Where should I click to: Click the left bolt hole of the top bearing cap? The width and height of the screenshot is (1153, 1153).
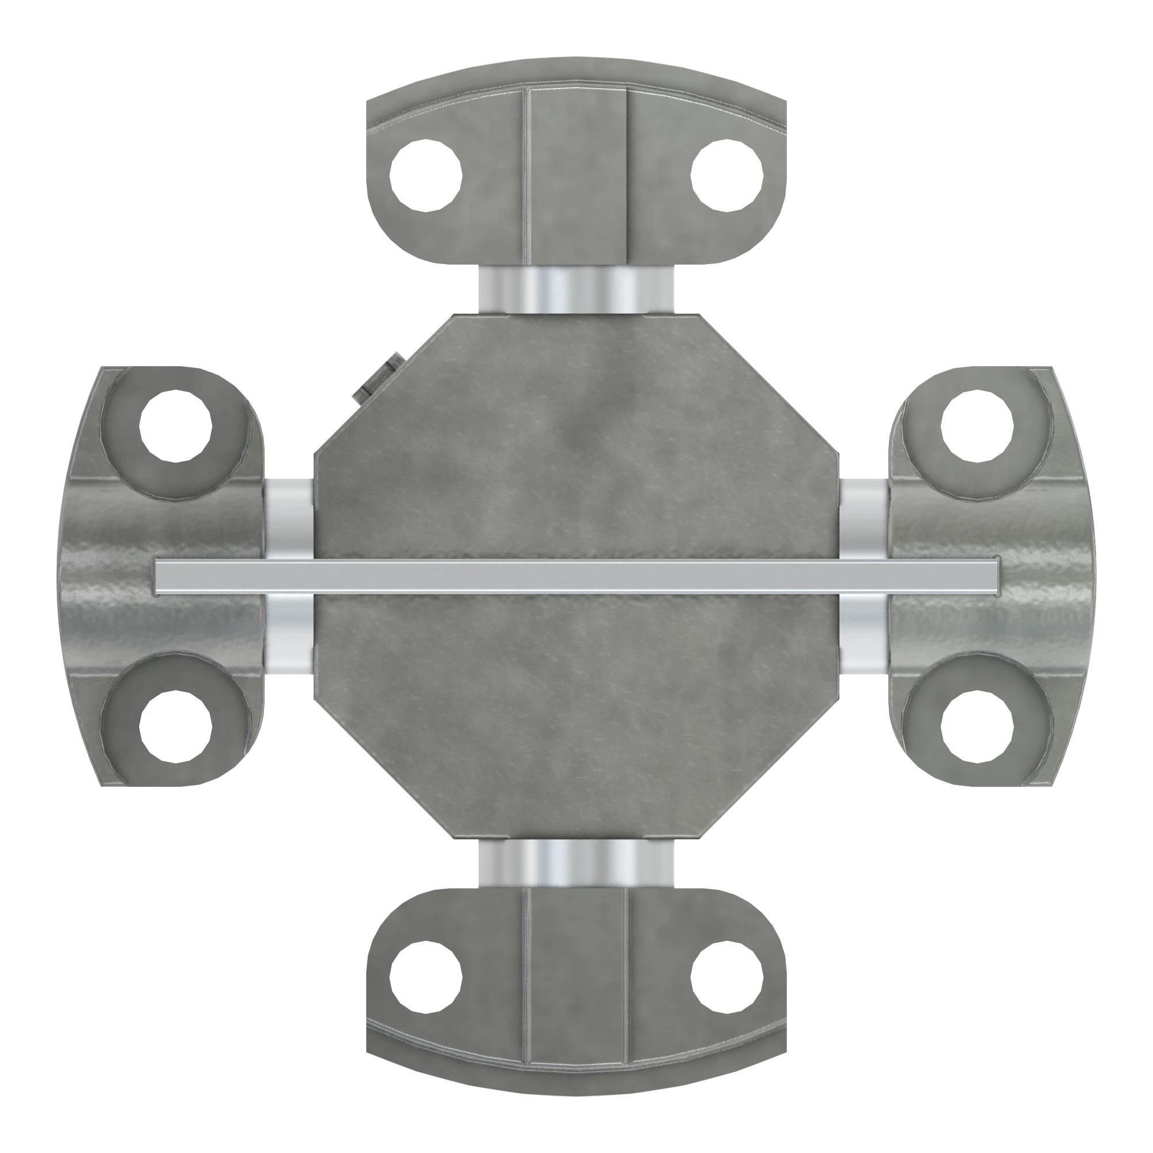click(x=425, y=175)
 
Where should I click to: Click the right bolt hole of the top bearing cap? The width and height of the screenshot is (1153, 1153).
click(x=727, y=175)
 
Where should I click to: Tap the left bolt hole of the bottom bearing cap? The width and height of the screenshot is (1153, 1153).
click(x=425, y=977)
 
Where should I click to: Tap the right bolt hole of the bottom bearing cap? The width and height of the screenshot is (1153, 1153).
click(x=727, y=977)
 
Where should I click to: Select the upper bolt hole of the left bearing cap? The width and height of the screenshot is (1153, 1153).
click(x=176, y=425)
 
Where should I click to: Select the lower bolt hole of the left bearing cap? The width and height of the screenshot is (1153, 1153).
click(x=176, y=726)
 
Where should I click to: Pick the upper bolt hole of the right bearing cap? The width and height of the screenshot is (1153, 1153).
click(x=978, y=425)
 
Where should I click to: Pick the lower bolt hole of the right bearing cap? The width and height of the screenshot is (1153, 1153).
click(x=978, y=726)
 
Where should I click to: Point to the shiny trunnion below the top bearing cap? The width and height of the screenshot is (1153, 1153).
click(x=576, y=289)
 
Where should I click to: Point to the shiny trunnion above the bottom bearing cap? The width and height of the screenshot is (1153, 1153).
click(x=576, y=863)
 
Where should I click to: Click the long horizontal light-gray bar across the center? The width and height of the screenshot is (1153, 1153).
click(x=576, y=576)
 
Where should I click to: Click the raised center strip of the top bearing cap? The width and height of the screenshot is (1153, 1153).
click(x=577, y=176)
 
